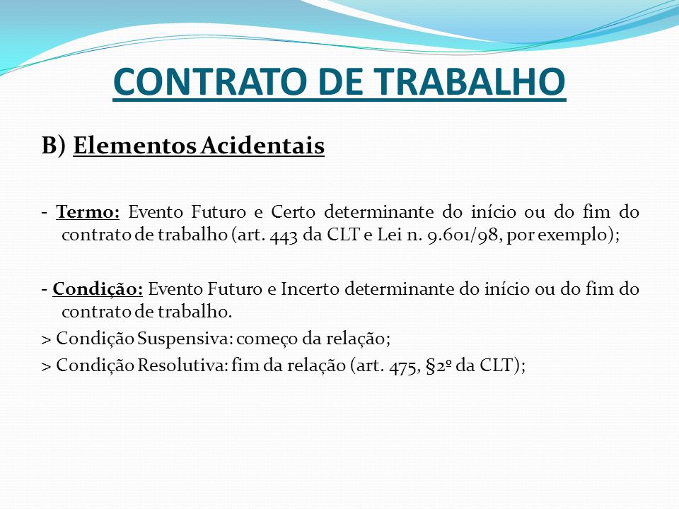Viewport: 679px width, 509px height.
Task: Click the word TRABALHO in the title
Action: click(x=470, y=82)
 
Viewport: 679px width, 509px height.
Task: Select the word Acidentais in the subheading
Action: click(x=262, y=145)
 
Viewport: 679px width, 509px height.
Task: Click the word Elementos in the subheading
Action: click(x=134, y=145)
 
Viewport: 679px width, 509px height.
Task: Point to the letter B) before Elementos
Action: click(x=54, y=146)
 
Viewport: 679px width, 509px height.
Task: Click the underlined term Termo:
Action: click(x=88, y=212)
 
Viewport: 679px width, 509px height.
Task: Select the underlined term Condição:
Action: click(x=98, y=289)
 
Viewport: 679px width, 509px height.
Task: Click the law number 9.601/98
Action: click(x=463, y=235)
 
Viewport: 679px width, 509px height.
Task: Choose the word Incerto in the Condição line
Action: click(x=310, y=289)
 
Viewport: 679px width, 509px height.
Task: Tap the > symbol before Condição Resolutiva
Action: click(x=47, y=367)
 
